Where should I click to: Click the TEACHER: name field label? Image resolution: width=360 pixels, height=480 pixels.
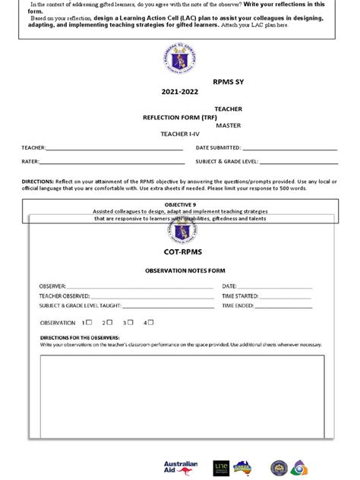click(x=33, y=147)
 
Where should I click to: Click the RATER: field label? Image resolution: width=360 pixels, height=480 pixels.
click(x=30, y=162)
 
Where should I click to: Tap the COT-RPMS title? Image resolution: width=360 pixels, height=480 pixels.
click(x=182, y=251)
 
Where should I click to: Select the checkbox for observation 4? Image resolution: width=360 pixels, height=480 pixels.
click(x=150, y=322)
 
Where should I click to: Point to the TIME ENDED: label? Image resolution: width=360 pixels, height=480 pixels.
click(x=238, y=305)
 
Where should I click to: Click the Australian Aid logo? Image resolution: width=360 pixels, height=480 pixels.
click(x=180, y=466)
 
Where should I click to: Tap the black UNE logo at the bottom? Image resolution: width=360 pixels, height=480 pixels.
click(x=221, y=467)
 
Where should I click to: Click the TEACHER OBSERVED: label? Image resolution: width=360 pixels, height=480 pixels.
click(x=65, y=295)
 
